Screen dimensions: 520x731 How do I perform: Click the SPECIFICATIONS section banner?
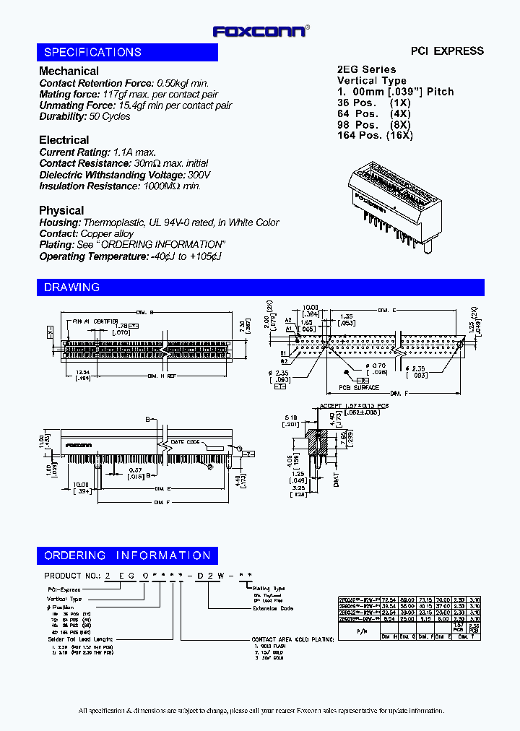[x=127, y=52]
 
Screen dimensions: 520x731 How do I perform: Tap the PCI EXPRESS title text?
[x=447, y=51]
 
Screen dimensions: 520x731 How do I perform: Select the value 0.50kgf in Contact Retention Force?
[x=173, y=83]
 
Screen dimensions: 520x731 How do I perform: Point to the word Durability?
[x=62, y=116]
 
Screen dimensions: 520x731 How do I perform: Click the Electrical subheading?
[x=64, y=139]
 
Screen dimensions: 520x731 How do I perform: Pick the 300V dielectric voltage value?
[x=199, y=175]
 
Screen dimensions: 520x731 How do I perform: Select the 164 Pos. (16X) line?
[x=375, y=135]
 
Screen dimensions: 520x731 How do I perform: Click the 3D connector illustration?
[x=396, y=202]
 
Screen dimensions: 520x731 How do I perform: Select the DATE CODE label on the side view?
[x=184, y=442]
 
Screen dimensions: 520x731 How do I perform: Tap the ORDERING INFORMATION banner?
[x=127, y=555]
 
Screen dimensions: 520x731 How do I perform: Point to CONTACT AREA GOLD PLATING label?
[x=282, y=640]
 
